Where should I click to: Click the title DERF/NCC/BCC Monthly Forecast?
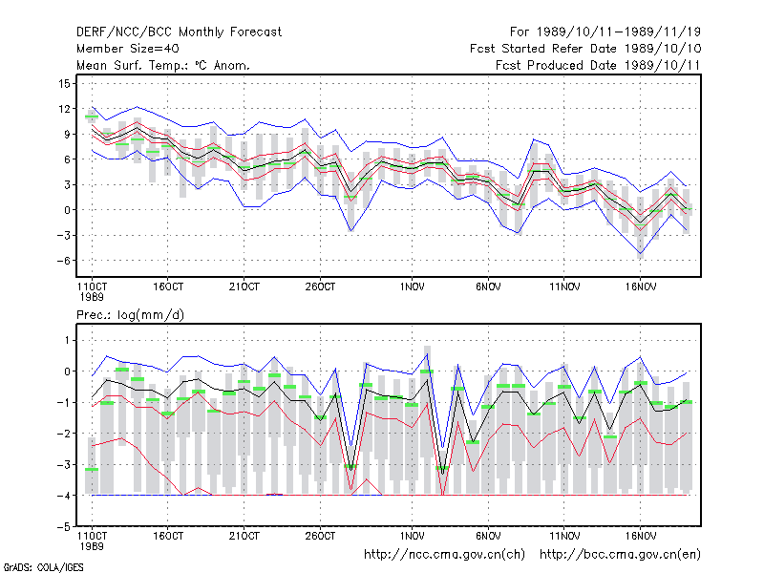tap(179, 32)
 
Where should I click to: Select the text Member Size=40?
tap(128, 49)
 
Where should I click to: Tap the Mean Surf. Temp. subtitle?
tap(163, 65)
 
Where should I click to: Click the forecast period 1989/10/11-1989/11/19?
tap(605, 32)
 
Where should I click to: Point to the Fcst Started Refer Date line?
tap(585, 49)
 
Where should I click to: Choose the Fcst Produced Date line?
tap(598, 65)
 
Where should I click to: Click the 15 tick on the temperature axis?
tap(64, 84)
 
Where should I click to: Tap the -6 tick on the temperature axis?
tap(63, 261)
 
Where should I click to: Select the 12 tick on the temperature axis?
tap(64, 109)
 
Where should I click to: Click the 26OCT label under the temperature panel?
tap(320, 287)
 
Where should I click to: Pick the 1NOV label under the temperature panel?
tap(412, 287)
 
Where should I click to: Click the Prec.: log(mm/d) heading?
tap(130, 315)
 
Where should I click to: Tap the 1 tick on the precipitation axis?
tap(67, 340)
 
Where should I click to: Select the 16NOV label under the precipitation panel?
tap(640, 537)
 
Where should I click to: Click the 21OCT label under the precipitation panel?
tap(244, 537)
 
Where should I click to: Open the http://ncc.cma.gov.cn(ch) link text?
tap(444, 555)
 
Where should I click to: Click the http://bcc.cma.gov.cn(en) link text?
tap(620, 555)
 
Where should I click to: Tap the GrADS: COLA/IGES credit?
tap(43, 567)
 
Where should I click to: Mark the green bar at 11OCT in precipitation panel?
tap(92, 469)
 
